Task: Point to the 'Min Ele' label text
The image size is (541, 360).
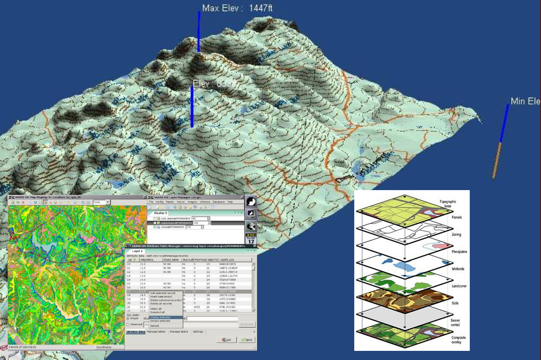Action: pos(525,102)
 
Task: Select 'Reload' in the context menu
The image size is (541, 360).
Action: pos(155,326)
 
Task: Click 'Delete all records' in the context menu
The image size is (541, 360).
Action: pos(162,303)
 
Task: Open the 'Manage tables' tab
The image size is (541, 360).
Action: pos(156,332)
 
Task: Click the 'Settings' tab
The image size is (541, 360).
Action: pos(198,332)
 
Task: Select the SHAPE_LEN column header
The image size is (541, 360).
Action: pos(229,260)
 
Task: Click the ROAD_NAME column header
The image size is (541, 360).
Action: pos(171,260)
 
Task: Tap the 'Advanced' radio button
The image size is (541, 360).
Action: pos(128,324)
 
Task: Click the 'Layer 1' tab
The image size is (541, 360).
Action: pos(138,251)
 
